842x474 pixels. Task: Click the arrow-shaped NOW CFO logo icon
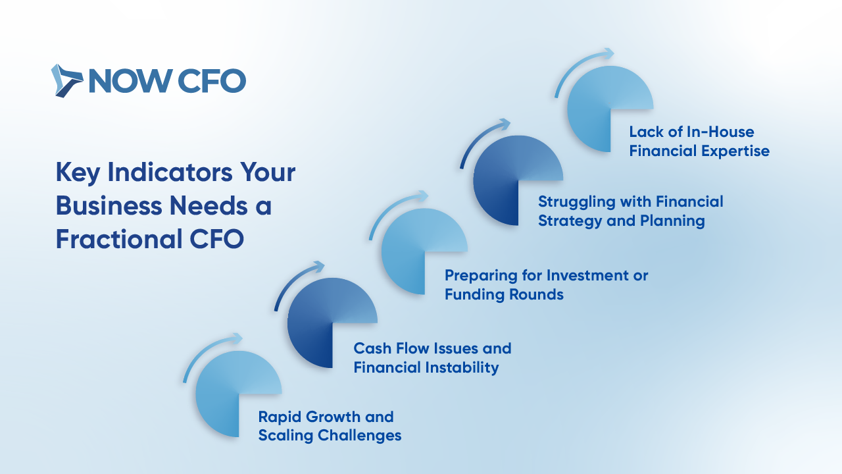click(x=66, y=80)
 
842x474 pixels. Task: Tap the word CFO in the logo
click(x=211, y=81)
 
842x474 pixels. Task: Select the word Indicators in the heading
click(x=170, y=172)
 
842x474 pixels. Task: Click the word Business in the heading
click(x=109, y=206)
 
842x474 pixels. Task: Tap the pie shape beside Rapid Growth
click(x=238, y=394)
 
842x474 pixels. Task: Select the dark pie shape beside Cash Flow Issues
click(x=332, y=323)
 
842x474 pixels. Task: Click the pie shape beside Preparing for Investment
click(x=424, y=251)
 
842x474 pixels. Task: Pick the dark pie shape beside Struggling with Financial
click(x=518, y=180)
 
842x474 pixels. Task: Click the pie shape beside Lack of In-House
click(x=610, y=109)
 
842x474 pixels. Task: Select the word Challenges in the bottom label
click(x=360, y=436)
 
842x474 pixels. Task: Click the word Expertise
click(x=735, y=151)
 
